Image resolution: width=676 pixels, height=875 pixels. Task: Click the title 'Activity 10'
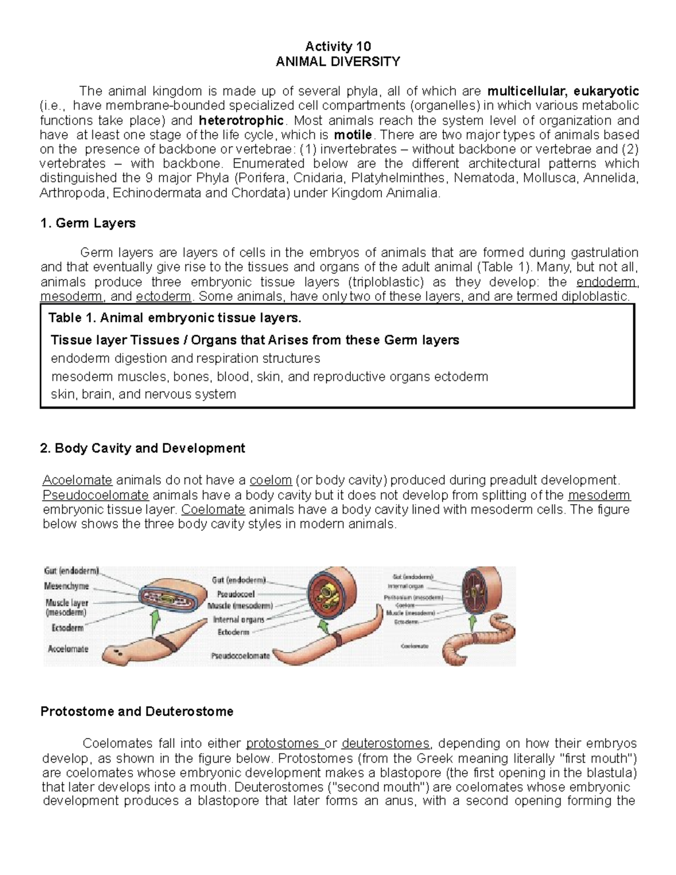337,46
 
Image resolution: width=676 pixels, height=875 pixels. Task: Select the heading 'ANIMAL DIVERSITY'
337,61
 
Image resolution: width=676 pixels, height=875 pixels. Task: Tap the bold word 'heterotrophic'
241,121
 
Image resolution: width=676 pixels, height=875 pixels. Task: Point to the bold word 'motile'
353,135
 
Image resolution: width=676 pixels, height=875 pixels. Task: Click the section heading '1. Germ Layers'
88,223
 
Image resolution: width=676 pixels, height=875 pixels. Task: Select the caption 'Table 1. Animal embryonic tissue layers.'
175,318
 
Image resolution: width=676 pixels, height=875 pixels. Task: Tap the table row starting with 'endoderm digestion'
185,358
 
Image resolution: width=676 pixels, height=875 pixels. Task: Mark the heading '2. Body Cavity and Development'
143,448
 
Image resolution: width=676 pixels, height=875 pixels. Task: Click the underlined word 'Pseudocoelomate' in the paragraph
96,495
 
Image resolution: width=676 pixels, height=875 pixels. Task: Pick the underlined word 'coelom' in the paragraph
270,481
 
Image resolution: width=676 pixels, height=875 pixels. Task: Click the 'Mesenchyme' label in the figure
66,586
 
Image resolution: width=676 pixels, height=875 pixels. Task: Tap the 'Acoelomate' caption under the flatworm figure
68,649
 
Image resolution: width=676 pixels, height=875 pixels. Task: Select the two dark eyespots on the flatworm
119,653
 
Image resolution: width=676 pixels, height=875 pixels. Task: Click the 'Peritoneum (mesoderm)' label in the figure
414,597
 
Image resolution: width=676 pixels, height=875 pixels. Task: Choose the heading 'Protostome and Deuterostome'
137,712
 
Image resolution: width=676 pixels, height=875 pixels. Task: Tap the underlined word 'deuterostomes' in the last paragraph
385,743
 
